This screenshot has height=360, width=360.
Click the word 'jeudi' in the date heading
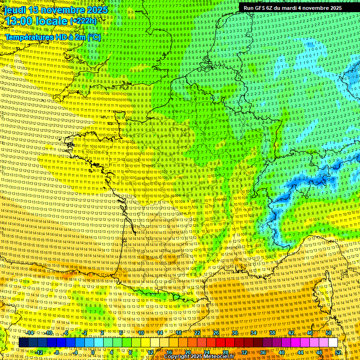15,9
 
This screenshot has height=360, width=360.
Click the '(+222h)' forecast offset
83,21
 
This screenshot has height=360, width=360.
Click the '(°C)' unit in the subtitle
93,37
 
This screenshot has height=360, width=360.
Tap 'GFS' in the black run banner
260,8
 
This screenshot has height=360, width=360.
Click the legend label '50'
329,333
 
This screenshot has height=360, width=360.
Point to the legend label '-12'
39,352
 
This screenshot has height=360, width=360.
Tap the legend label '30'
235,333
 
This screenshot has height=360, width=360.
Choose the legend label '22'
197,333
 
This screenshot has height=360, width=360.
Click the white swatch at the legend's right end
333,343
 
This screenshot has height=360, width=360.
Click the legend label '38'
272,333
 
